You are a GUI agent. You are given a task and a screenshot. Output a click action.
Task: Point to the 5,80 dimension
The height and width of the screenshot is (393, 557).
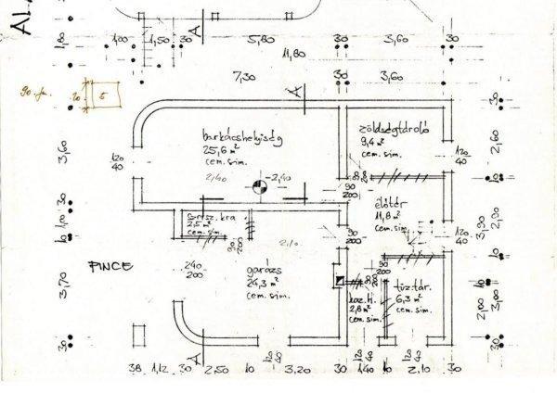261,39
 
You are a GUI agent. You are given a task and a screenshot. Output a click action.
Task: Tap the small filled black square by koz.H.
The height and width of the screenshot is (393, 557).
343,280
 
